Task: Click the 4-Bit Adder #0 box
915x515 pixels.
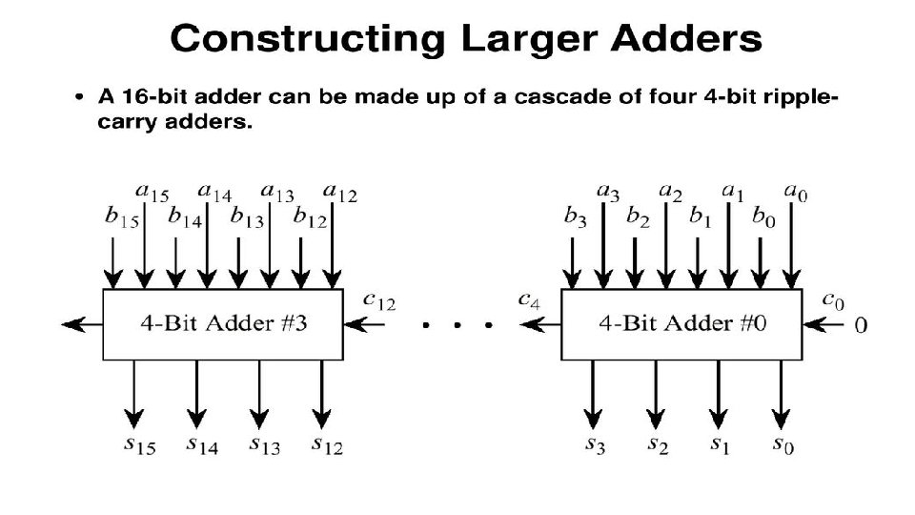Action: pyautogui.click(x=682, y=324)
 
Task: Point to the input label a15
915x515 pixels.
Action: pyautogui.click(x=152, y=194)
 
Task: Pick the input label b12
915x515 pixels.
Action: pyautogui.click(x=311, y=217)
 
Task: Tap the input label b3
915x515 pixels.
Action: pyautogui.click(x=576, y=217)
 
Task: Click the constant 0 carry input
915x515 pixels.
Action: pyautogui.click(x=861, y=325)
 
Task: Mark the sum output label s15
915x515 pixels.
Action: pyautogui.click(x=141, y=444)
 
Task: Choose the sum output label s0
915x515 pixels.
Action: pyautogui.click(x=783, y=444)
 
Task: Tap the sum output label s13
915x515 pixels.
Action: pyautogui.click(x=266, y=444)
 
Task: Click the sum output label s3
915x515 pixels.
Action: pyautogui.click(x=594, y=444)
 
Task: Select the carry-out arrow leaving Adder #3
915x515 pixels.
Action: pyautogui.click(x=81, y=325)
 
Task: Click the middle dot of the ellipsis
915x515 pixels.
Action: pyautogui.click(x=457, y=325)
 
